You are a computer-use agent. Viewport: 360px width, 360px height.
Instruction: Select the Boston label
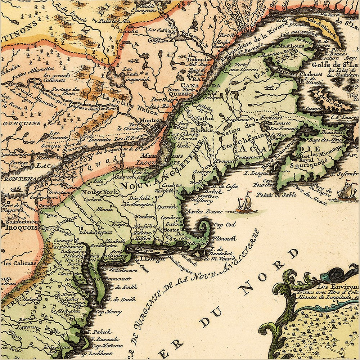pos(172,230)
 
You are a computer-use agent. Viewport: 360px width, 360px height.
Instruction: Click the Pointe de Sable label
pos(271,194)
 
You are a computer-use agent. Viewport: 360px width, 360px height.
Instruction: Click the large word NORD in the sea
pos(266,270)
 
